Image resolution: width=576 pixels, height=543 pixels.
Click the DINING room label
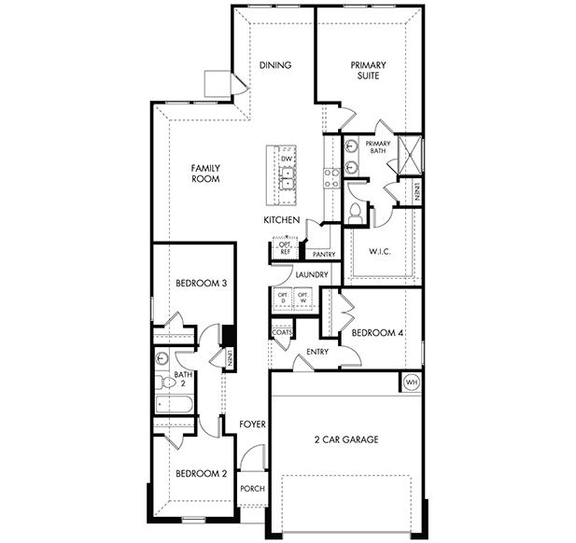(x=275, y=65)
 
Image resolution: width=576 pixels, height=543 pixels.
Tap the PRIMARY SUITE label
(x=369, y=71)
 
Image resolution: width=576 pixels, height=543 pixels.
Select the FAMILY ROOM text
(x=205, y=173)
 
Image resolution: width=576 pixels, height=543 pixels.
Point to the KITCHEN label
(x=281, y=220)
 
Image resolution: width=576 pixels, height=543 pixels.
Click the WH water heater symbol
(x=411, y=382)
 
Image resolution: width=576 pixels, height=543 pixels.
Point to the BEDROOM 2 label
(x=201, y=473)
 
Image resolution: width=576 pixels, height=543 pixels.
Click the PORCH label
(x=252, y=489)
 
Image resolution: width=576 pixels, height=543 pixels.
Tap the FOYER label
(x=252, y=425)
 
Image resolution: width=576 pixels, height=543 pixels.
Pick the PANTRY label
(x=323, y=254)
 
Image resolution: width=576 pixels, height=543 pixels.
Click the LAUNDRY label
(x=311, y=274)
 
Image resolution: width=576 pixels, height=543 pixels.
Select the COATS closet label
(x=282, y=333)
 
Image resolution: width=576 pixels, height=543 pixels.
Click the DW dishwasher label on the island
(x=287, y=159)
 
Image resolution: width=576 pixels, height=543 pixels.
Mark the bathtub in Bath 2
(x=176, y=404)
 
